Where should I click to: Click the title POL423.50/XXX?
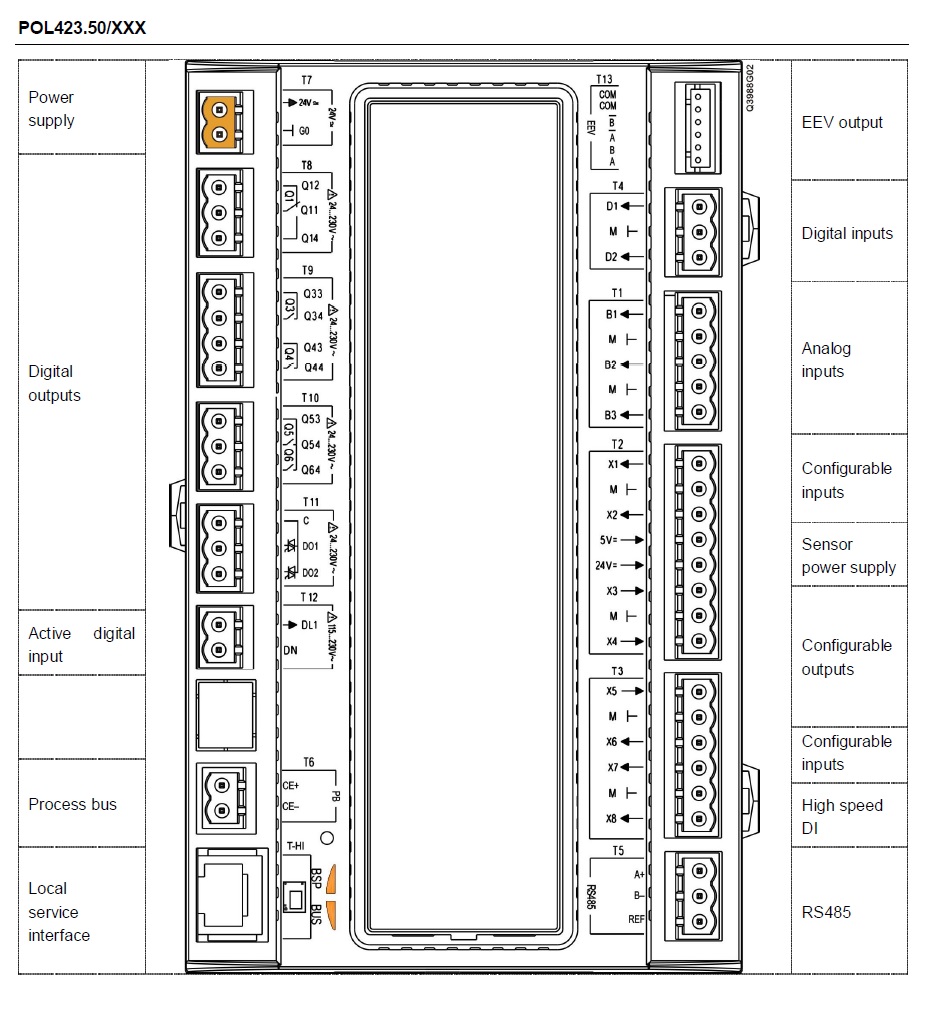[x=82, y=28]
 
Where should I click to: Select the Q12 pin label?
[x=310, y=186]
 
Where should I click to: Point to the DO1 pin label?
[x=310, y=547]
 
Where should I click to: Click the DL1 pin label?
[x=310, y=624]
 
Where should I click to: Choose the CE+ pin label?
[x=291, y=786]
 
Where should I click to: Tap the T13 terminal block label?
[x=604, y=78]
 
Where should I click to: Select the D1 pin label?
[x=612, y=207]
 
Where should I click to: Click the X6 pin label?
[x=612, y=742]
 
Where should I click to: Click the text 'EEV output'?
[x=842, y=122]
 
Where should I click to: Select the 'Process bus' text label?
[x=72, y=804]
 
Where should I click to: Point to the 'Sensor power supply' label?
[x=848, y=556]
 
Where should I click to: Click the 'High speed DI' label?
[x=842, y=816]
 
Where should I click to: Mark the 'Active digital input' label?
[x=81, y=645]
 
